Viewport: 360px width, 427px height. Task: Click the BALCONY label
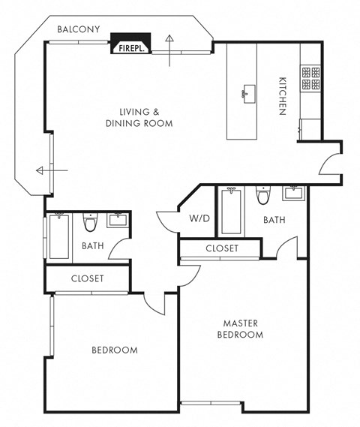[79, 29]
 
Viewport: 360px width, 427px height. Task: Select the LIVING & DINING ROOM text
[139, 117]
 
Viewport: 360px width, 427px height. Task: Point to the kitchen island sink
[245, 93]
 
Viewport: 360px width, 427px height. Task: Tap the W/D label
[199, 219]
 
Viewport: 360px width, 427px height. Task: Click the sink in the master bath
[294, 194]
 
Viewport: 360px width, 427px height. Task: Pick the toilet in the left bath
[91, 223]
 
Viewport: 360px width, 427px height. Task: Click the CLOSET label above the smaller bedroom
[87, 278]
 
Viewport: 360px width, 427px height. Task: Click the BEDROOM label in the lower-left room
[114, 350]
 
